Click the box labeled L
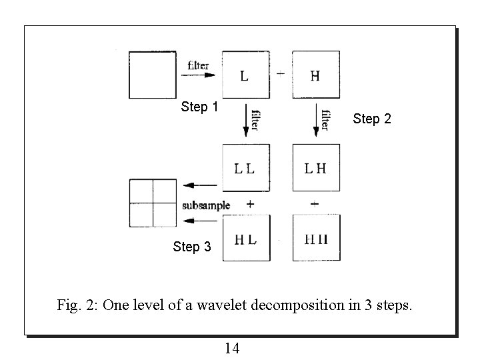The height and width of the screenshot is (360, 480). tap(245, 75)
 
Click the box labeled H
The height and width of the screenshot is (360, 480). tap(316, 75)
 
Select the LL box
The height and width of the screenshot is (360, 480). tap(245, 168)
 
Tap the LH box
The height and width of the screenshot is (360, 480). tap(316, 168)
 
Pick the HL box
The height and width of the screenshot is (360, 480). tap(245, 238)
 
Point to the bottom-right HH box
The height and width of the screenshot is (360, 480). tap(316, 238)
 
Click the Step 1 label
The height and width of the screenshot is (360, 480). tap(200, 107)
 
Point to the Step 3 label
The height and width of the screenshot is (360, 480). tap(191, 247)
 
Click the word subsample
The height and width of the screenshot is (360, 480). tap(206, 205)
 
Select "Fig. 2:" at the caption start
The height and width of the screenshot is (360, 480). tap(78, 307)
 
